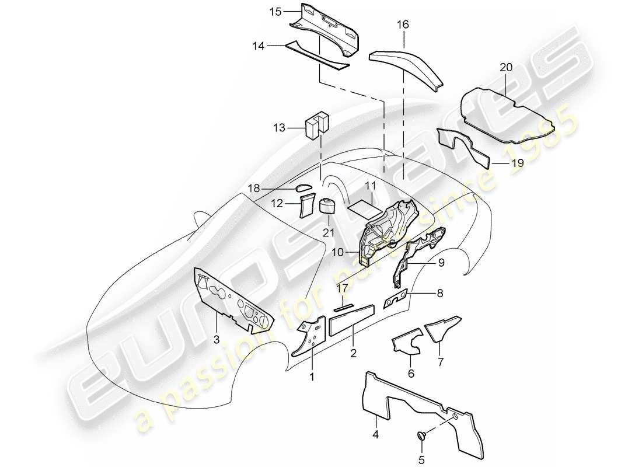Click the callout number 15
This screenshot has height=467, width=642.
tap(275, 11)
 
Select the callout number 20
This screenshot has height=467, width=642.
tap(505, 67)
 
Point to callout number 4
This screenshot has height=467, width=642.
tap(376, 434)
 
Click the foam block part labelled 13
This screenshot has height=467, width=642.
tap(317, 124)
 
